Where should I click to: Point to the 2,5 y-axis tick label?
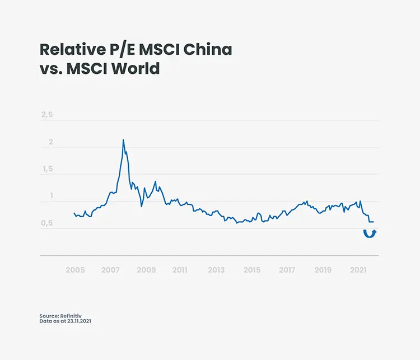(x=47, y=115)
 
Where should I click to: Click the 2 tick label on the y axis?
(x=50, y=142)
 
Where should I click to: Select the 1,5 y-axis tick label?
(x=47, y=169)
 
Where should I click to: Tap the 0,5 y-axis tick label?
(x=47, y=223)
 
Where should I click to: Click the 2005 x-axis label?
(x=75, y=270)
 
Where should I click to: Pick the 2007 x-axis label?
(x=111, y=270)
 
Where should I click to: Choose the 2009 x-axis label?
(x=146, y=270)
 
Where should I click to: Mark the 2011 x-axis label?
(x=180, y=270)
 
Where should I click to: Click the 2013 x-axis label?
(x=216, y=270)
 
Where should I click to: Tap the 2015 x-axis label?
(x=252, y=270)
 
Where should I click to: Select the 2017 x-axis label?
(x=287, y=270)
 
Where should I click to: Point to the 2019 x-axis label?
(x=323, y=270)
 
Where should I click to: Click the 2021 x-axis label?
(x=358, y=270)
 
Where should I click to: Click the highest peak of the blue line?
(x=123, y=140)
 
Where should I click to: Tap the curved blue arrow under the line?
(x=370, y=233)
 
